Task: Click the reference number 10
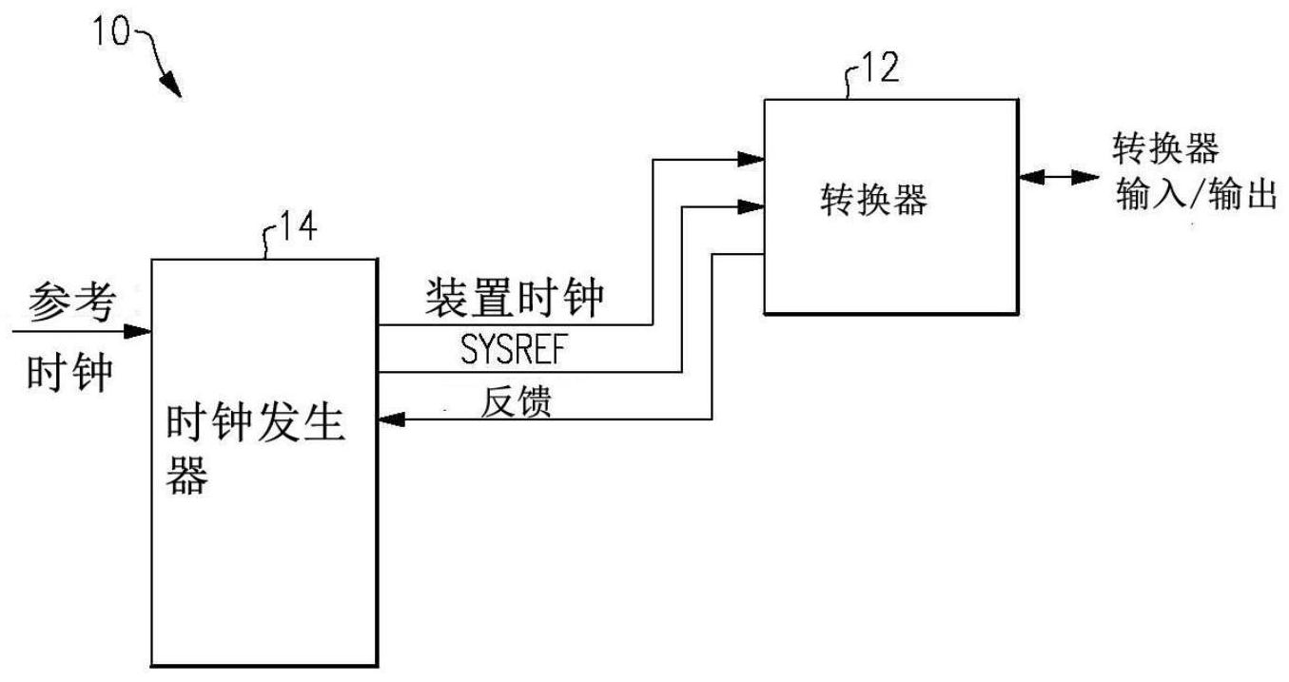pyautogui.click(x=112, y=31)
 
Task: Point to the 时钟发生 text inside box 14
pyautogui.click(x=256, y=423)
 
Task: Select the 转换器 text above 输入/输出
pyautogui.click(x=1166, y=150)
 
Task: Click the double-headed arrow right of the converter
pyautogui.click(x=1057, y=177)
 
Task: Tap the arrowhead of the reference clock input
pyautogui.click(x=140, y=331)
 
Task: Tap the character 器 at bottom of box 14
pyautogui.click(x=186, y=477)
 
